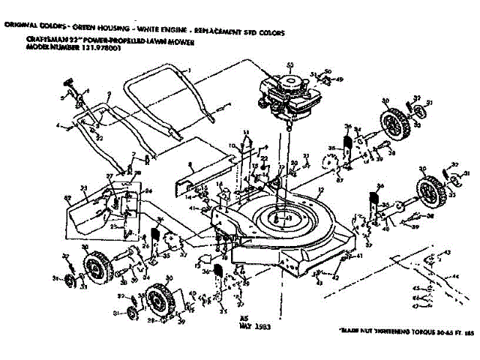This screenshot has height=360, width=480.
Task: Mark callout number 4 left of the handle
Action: click(x=57, y=126)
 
